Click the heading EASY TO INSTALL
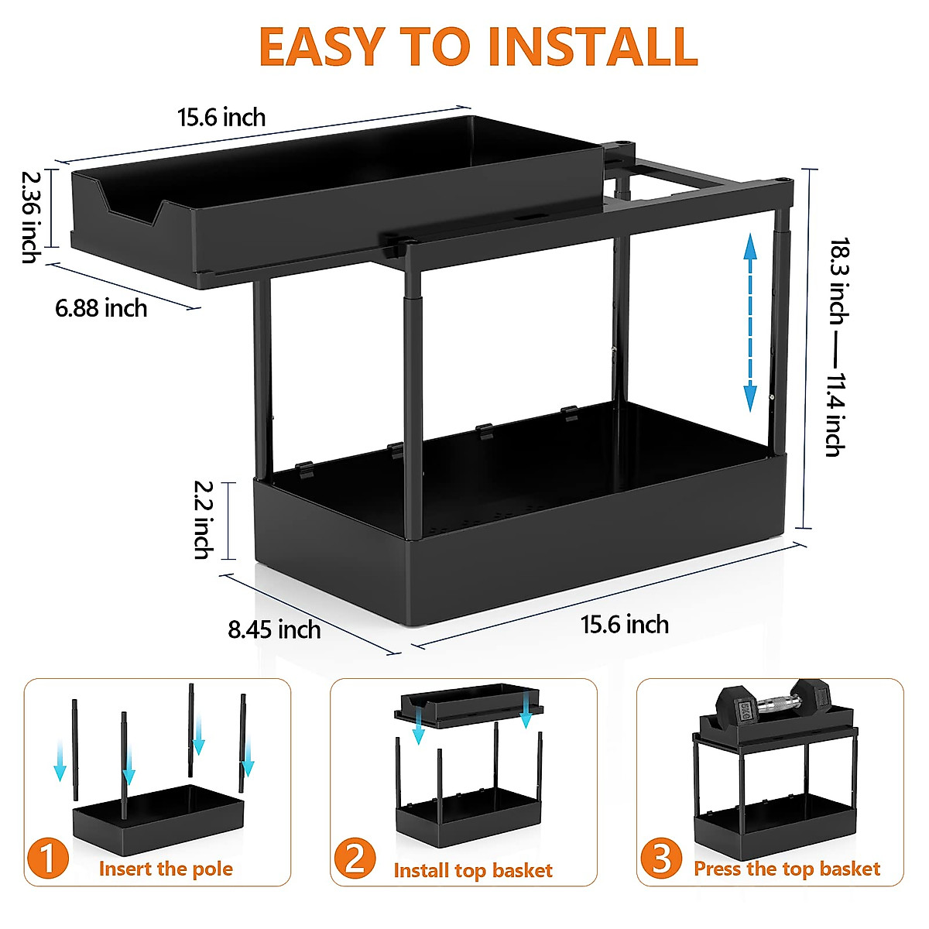(478, 46)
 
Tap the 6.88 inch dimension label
(101, 308)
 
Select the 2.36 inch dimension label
(32, 217)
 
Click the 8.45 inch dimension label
(274, 629)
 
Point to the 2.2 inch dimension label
(204, 519)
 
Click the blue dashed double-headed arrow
(749, 324)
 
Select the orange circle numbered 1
(48, 859)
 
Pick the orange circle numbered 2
(355, 859)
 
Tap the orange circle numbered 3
(661, 859)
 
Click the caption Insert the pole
(166, 869)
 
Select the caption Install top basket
(473, 870)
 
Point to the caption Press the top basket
(787, 869)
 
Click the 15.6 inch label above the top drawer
(221, 118)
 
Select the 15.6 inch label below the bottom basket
(625, 624)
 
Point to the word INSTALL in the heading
(593, 46)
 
